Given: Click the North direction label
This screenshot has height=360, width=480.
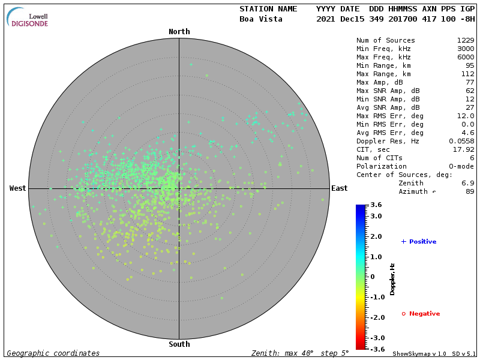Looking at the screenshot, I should click(x=179, y=32).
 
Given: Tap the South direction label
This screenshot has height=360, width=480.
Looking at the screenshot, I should click(x=179, y=344).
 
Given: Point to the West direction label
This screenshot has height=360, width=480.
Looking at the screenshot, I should click(x=18, y=188).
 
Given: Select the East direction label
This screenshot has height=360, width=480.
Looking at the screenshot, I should click(x=339, y=188).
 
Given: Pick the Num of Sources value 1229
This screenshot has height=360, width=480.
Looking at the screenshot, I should click(x=466, y=40).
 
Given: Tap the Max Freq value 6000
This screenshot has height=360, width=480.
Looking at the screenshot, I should click(x=466, y=57).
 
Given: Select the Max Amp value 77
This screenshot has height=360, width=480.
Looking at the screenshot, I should click(x=470, y=82).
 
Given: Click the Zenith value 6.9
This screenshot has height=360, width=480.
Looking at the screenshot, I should click(x=468, y=183).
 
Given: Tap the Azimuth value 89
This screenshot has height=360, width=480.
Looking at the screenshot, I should click(x=470, y=191).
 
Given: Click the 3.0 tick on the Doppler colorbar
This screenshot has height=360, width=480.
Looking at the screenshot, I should click(x=376, y=216).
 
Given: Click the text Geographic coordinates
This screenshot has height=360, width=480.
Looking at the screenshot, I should click(x=53, y=353).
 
